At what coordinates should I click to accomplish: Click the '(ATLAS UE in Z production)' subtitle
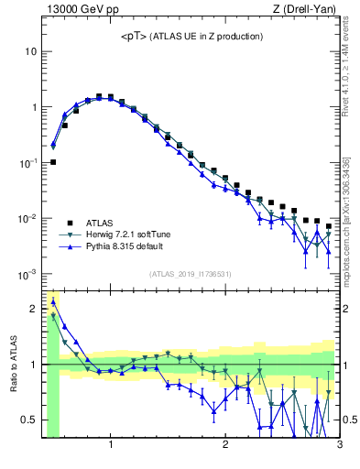pos(206,37)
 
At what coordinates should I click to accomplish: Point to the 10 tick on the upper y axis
pos(30,51)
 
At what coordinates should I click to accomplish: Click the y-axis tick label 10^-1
pos(27,162)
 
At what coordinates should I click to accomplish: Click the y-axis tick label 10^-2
pos(27,218)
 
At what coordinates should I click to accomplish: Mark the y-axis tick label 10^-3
pos(27,274)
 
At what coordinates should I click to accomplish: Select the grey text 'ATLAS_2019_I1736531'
pos(191,275)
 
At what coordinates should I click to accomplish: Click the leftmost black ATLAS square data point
pos(53,162)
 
